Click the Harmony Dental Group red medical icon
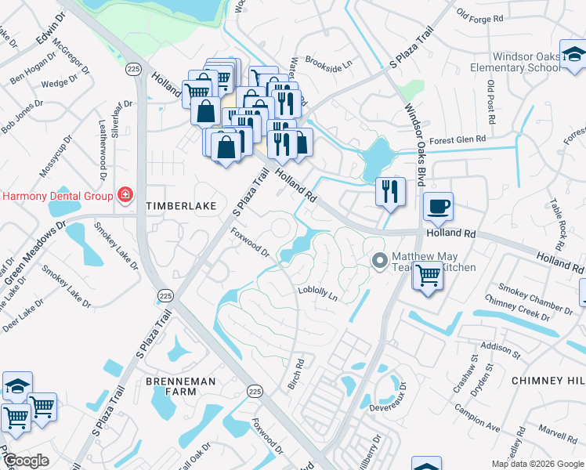[124, 194]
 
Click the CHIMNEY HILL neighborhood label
[548, 380]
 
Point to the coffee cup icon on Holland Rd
[438, 207]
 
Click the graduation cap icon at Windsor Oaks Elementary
[573, 56]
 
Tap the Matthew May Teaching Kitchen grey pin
[380, 260]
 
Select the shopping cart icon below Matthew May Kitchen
[427, 276]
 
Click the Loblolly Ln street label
[317, 293]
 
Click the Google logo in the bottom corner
[25, 461]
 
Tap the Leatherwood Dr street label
[102, 145]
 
